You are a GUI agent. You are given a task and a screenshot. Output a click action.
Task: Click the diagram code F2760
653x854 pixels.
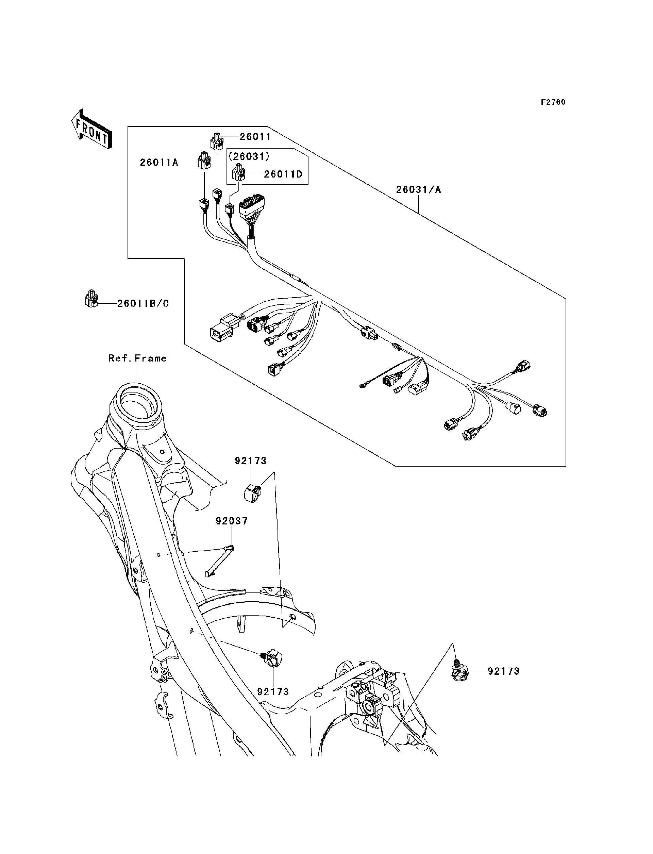(x=553, y=102)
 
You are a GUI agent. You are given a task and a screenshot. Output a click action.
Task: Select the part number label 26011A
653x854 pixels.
(x=159, y=163)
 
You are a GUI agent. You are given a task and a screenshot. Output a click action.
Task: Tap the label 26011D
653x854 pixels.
(x=283, y=174)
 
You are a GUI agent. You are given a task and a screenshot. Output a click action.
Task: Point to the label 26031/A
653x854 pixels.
(x=419, y=190)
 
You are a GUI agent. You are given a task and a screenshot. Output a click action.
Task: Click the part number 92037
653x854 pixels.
(x=232, y=521)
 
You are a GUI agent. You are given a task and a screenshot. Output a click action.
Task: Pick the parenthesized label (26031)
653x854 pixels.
(x=249, y=156)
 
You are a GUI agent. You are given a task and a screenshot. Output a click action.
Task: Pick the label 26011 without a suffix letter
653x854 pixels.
(x=255, y=137)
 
